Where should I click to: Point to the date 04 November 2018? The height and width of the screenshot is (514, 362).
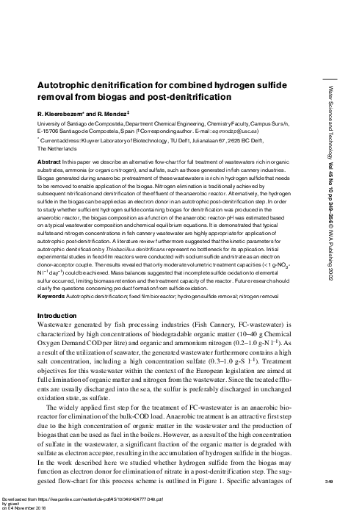[x=33, y=509]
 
